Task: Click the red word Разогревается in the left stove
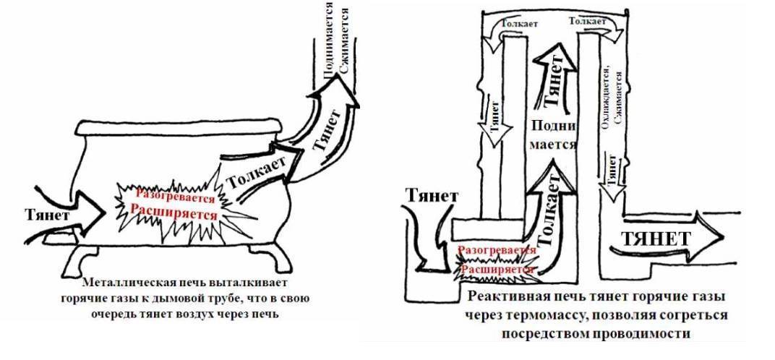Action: tap(171, 197)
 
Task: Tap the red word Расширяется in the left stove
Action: tap(174, 214)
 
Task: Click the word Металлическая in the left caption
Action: tap(119, 282)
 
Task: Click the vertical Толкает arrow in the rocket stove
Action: tap(548, 213)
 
